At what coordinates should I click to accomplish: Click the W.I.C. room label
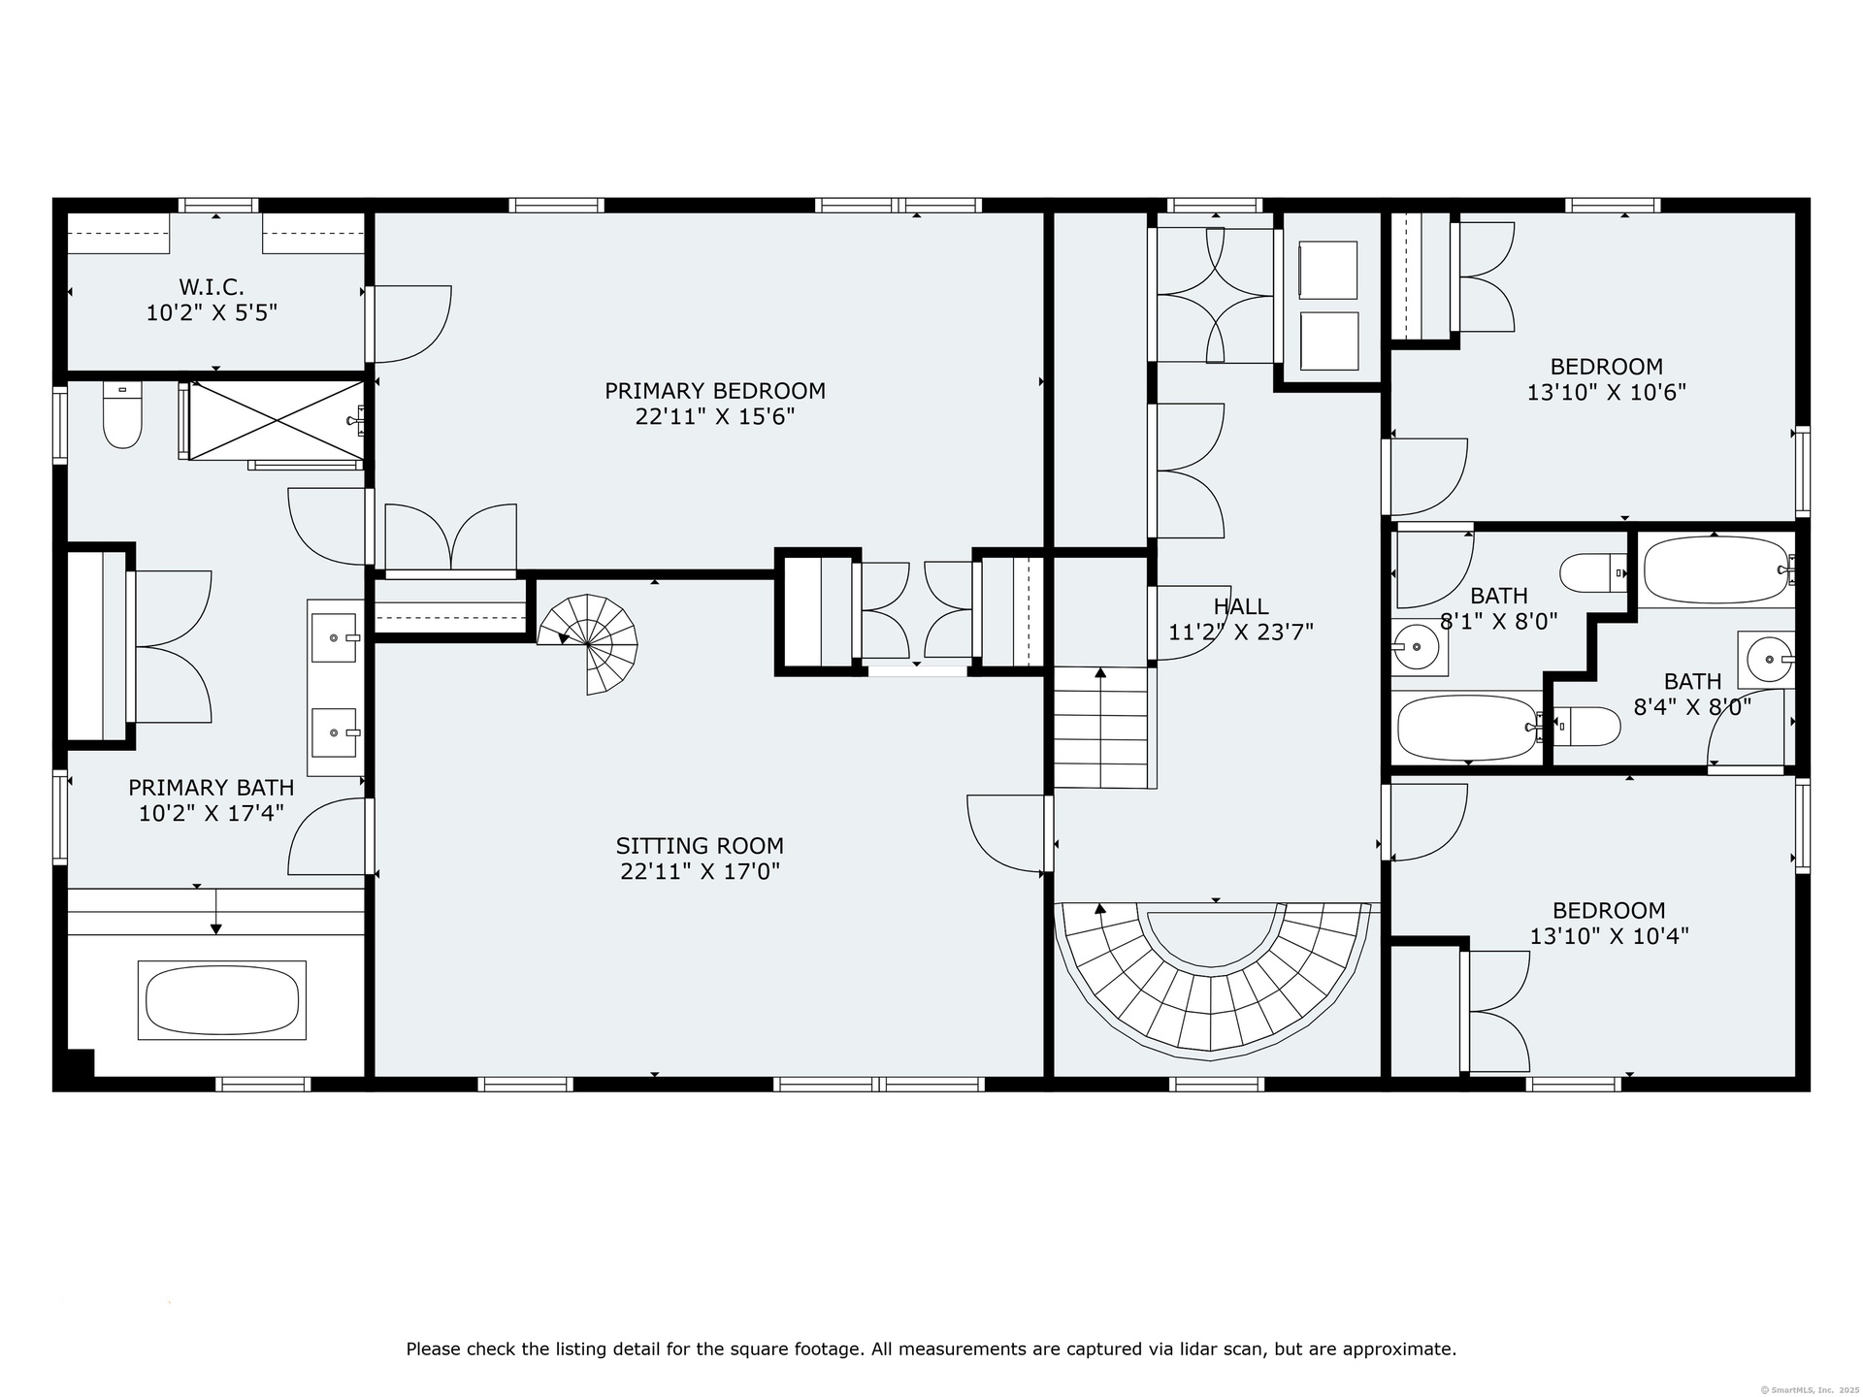pyautogui.click(x=212, y=287)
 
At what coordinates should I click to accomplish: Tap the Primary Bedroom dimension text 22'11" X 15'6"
pyautogui.click(x=715, y=417)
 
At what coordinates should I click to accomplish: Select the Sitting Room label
pyautogui.click(x=700, y=846)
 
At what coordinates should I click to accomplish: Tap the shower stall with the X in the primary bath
pyautogui.click(x=277, y=421)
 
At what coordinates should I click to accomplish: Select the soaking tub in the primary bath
pyautogui.click(x=222, y=1000)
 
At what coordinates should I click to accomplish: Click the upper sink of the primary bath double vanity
pyautogui.click(x=335, y=637)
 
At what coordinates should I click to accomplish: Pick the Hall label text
pyautogui.click(x=1241, y=606)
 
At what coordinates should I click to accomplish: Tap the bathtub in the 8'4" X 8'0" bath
pyautogui.click(x=1716, y=570)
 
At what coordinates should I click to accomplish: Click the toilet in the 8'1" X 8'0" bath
pyautogui.click(x=1592, y=572)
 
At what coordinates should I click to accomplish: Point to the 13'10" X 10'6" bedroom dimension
pyautogui.click(x=1607, y=393)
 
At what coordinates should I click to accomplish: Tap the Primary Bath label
pyautogui.click(x=212, y=788)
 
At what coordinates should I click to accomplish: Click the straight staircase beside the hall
pyautogui.click(x=1101, y=728)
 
